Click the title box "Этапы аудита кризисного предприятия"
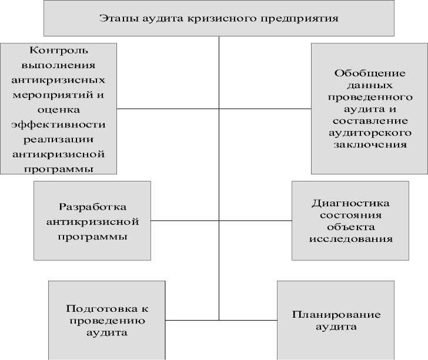[219, 18]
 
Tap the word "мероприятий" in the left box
[58, 94]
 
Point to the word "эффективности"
[58, 125]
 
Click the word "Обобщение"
[370, 73]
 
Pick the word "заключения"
[370, 144]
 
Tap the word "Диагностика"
[350, 203]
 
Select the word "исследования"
[350, 239]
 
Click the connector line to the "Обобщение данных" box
[265, 109]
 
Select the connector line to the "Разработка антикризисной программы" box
[185, 220]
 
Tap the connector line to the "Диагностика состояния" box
[255, 220]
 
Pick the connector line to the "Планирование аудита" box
[248, 320]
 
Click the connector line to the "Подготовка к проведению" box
[192, 320]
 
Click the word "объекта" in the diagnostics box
[350, 227]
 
